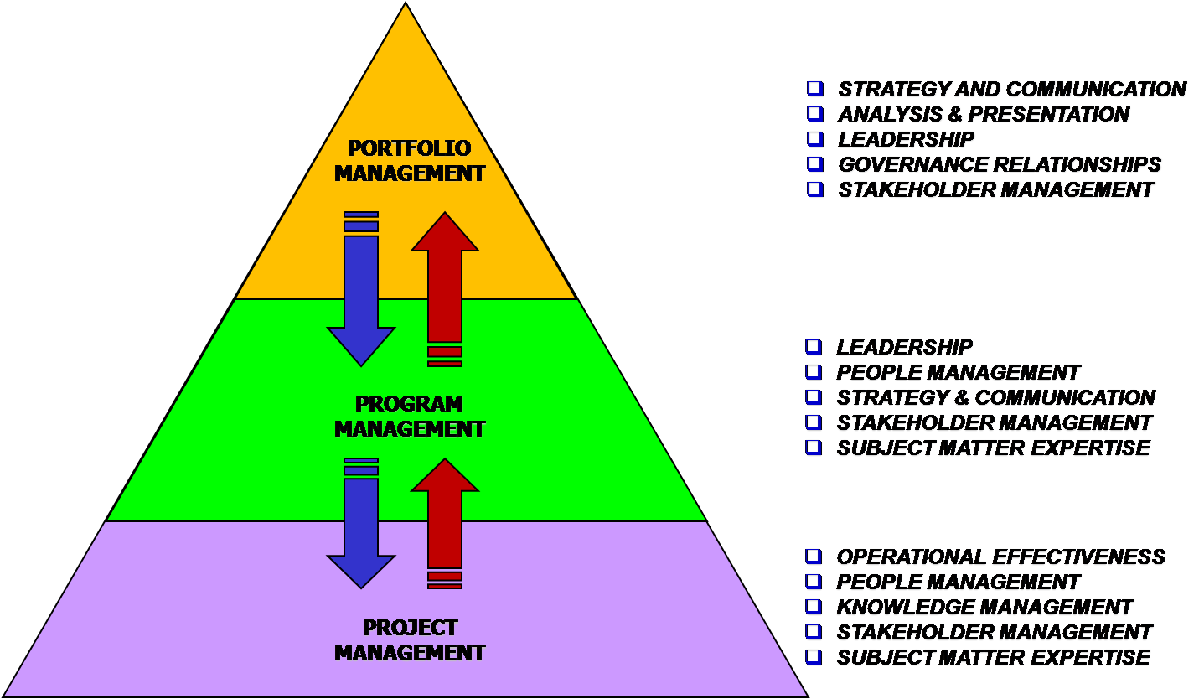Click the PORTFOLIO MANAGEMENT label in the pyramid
410,161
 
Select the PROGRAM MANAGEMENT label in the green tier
410,416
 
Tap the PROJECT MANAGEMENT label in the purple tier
410,639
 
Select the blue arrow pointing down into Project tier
361,528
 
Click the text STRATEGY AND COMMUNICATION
1012,89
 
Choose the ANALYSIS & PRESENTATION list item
984,114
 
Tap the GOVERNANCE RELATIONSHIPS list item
1000,164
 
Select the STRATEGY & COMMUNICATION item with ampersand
995,397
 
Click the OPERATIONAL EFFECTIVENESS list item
1000,557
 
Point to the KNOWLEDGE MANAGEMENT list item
984,607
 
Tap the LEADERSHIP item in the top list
907,139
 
